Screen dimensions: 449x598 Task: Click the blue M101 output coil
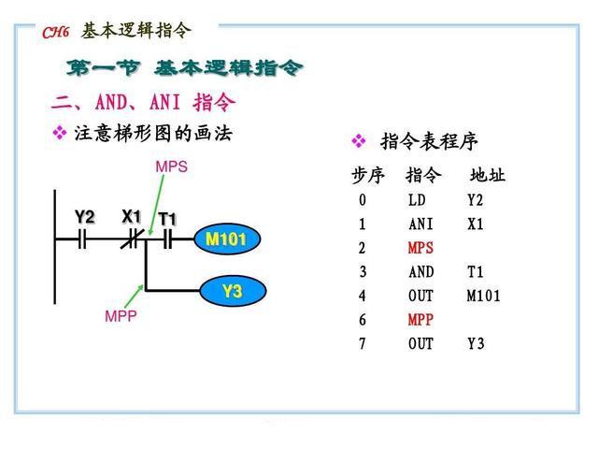pyautogui.click(x=226, y=240)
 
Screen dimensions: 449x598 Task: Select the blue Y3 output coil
pyautogui.click(x=232, y=292)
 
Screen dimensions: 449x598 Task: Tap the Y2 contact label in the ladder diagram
pyautogui.click(x=85, y=217)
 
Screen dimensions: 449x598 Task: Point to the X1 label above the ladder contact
pyautogui.click(x=132, y=217)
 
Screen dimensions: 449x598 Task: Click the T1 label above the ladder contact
pyautogui.click(x=167, y=219)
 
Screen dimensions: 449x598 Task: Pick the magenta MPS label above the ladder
pyautogui.click(x=171, y=167)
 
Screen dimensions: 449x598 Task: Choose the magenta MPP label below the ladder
pyautogui.click(x=121, y=316)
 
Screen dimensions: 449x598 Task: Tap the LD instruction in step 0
pyautogui.click(x=417, y=200)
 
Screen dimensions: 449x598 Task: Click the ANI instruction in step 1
pyautogui.click(x=420, y=224)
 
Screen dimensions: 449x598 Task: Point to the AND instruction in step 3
pyautogui.click(x=420, y=272)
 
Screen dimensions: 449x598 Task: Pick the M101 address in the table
pyautogui.click(x=484, y=297)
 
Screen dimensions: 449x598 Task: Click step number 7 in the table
pyautogui.click(x=362, y=344)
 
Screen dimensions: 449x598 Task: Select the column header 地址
pyautogui.click(x=487, y=176)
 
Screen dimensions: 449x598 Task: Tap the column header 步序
pyautogui.click(x=368, y=176)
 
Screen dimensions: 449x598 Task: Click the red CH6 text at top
pyautogui.click(x=56, y=33)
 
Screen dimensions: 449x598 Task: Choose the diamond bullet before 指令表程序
pyautogui.click(x=358, y=141)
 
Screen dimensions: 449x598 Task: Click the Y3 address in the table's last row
pyautogui.click(x=477, y=344)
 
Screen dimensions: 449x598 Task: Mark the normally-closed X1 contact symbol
pyautogui.click(x=132, y=239)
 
